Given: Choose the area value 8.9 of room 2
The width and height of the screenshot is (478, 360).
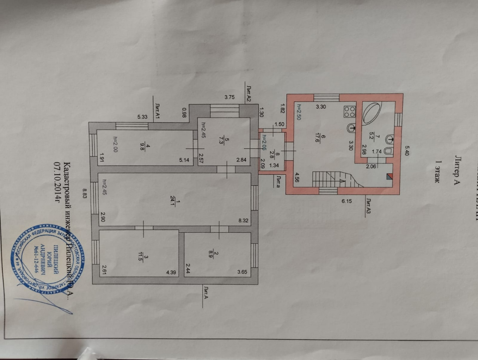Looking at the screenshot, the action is click(x=217, y=255).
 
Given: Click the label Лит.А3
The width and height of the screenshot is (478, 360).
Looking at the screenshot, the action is click(x=369, y=206).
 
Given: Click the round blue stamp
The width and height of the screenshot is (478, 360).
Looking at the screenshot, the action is click(x=50, y=260).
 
